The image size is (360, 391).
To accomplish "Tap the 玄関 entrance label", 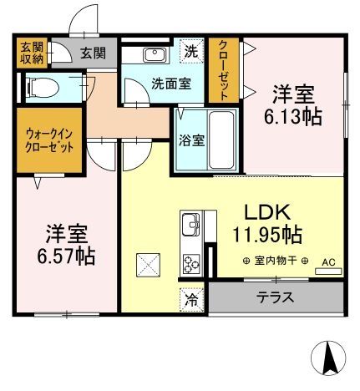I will [93, 53].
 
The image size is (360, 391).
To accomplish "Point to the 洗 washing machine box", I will [191, 50].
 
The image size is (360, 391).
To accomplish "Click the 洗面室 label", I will [149, 84].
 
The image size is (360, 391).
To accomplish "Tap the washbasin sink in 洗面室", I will [155, 54].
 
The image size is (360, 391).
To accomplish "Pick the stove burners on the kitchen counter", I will [191, 264].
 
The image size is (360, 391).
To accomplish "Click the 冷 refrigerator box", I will [191, 297].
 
